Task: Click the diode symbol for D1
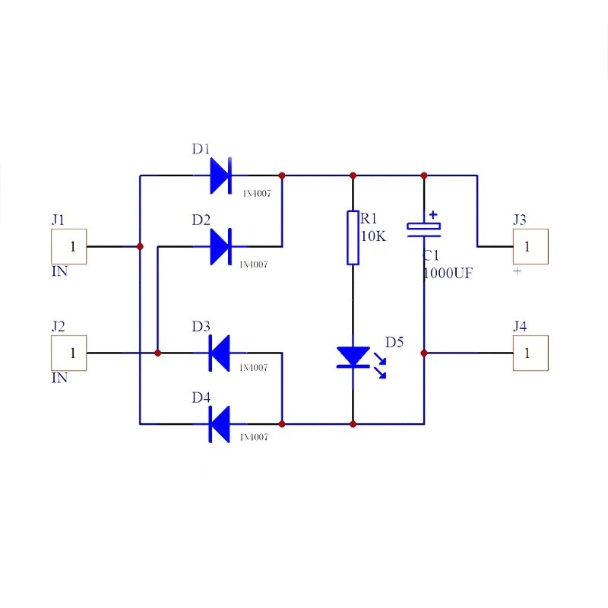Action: click(x=220, y=176)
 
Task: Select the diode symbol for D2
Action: click(x=220, y=246)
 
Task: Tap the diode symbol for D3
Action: click(x=220, y=353)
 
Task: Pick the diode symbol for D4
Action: click(x=220, y=423)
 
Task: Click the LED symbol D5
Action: click(x=353, y=357)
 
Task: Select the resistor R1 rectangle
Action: click(x=353, y=238)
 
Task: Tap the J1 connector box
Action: click(x=68, y=246)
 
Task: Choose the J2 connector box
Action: click(x=68, y=353)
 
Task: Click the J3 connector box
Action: click(x=530, y=246)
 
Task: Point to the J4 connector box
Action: click(x=530, y=353)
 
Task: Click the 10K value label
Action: click(x=373, y=236)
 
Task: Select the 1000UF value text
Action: click(x=448, y=273)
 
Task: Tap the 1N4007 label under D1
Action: click(x=256, y=194)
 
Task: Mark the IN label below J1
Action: click(x=59, y=271)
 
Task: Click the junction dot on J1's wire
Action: click(x=140, y=246)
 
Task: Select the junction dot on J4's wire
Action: click(x=424, y=353)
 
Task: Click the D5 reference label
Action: click(x=394, y=342)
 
